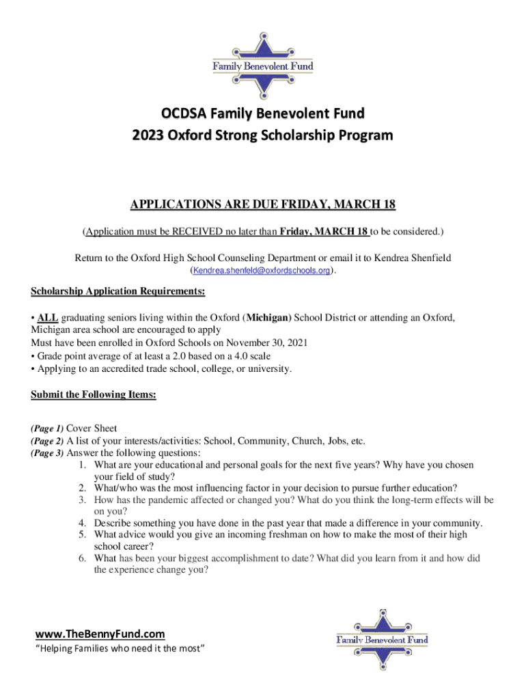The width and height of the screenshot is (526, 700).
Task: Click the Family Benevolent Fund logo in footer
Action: pos(382,639)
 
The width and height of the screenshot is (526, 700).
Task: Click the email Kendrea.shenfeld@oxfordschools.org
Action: pos(262,271)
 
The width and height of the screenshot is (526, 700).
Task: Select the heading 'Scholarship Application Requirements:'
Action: pos(118,292)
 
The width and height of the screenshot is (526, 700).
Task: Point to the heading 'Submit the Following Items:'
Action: pos(94,394)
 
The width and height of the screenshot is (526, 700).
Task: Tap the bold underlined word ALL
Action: pos(48,318)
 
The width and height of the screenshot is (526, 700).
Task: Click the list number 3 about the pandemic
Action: pos(81,500)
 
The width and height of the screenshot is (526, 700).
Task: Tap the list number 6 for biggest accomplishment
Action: pos(81,558)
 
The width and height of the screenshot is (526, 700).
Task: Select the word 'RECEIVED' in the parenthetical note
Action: pos(191,232)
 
